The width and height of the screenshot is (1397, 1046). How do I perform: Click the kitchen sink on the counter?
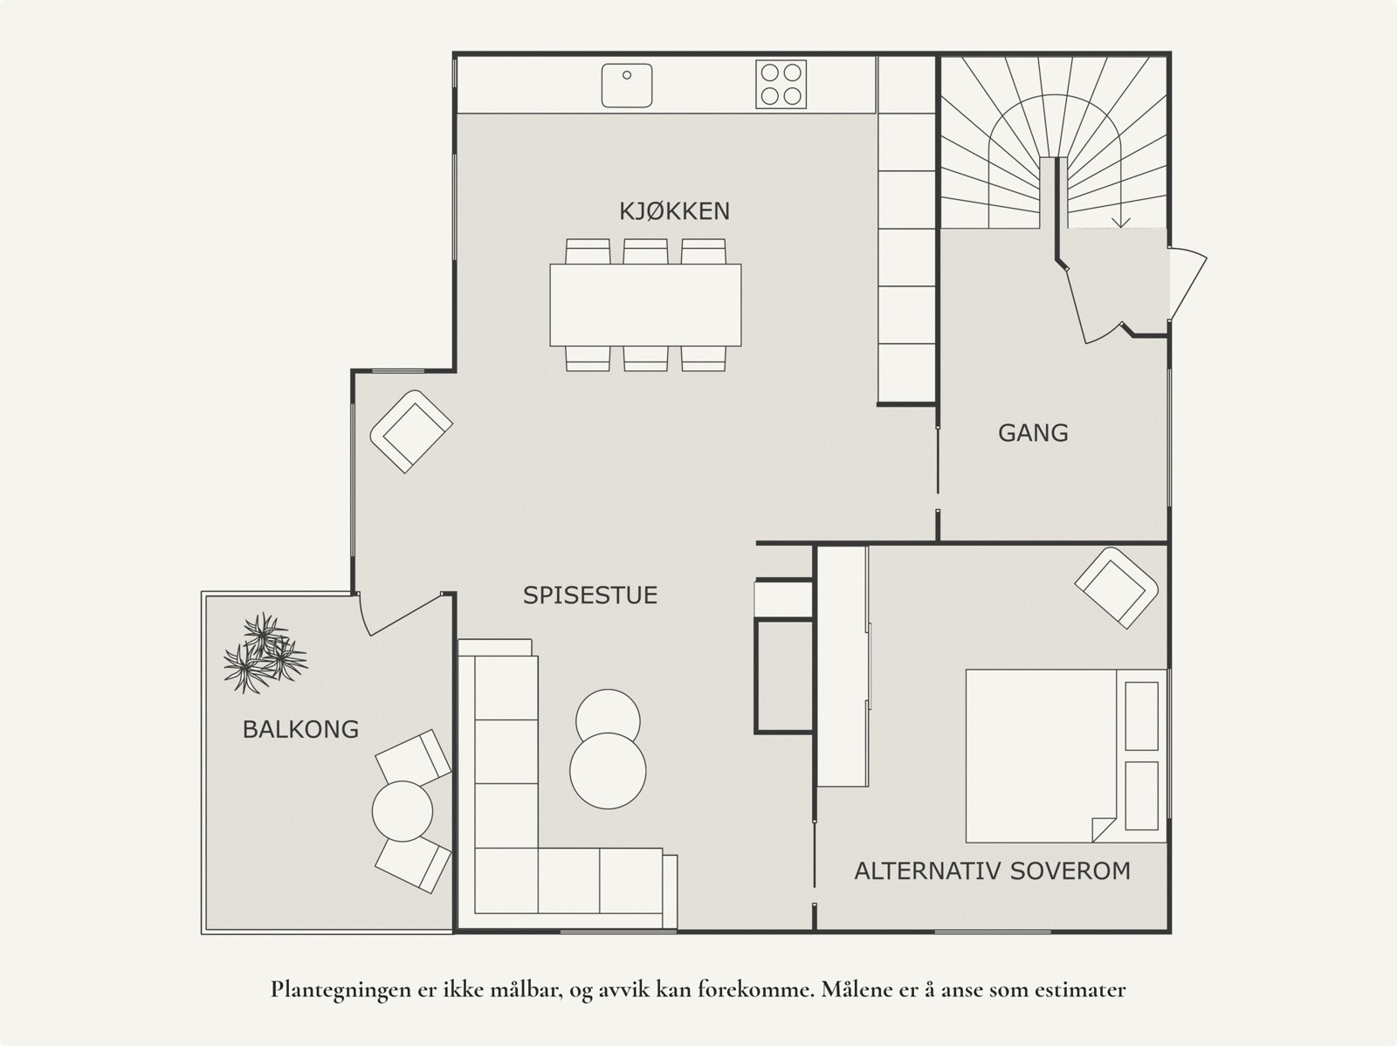[x=627, y=85]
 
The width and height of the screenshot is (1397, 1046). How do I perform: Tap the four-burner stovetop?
[x=780, y=85]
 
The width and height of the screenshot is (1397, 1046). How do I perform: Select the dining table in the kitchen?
[x=645, y=305]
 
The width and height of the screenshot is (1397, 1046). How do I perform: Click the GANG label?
[x=1033, y=433]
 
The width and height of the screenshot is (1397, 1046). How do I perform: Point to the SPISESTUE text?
[x=590, y=595]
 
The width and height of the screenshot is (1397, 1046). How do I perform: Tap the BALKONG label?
[x=300, y=729]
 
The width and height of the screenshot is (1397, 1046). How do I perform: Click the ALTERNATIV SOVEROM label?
[x=992, y=871]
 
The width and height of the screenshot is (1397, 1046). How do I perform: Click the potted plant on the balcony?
[x=264, y=653]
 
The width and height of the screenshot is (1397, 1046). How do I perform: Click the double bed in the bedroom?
[x=1039, y=755]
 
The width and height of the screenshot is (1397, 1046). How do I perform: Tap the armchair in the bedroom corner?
[x=1117, y=587]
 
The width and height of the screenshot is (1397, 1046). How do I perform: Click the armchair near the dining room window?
[x=411, y=431]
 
